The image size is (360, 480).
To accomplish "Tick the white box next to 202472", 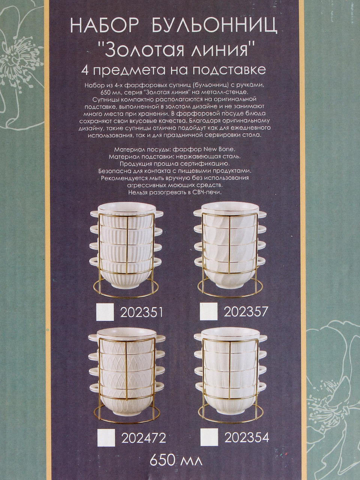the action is pos(106,432).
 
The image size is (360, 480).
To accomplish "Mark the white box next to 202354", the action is pos(209,431).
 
